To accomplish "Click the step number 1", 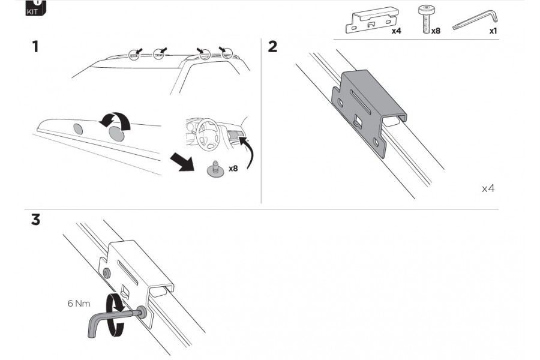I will coord(35,46).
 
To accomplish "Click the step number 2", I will coord(273,46).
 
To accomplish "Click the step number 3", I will coord(35,220).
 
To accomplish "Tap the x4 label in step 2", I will coord(488,188).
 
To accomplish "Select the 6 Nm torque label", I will coord(78,304).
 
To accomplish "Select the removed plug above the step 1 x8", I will coord(214,170).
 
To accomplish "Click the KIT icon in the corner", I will coord(35,7).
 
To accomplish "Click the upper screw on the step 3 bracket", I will coord(107,273).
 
